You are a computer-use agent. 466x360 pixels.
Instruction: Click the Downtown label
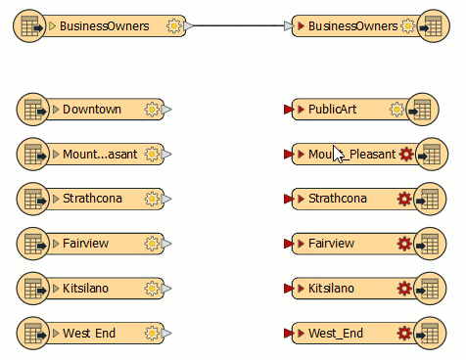pyautogui.click(x=92, y=110)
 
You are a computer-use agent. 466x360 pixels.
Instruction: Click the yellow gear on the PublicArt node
pyautogui.click(x=396, y=110)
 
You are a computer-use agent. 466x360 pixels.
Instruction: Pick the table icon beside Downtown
pyautogui.click(x=32, y=110)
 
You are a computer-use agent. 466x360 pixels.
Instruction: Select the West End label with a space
pyautogui.click(x=89, y=334)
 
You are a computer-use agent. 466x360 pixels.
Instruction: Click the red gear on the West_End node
pyautogui.click(x=404, y=334)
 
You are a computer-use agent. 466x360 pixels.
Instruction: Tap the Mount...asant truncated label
pyautogui.click(x=100, y=155)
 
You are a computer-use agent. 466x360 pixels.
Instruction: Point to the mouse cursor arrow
pyautogui.click(x=338, y=154)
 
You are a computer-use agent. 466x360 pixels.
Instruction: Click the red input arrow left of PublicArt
pyautogui.click(x=287, y=110)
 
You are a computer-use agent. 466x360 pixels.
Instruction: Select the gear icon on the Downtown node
pyautogui.click(x=152, y=110)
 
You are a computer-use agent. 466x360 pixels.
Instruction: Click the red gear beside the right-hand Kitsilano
pyautogui.click(x=404, y=289)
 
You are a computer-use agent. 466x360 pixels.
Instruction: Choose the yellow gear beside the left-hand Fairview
pyautogui.click(x=152, y=244)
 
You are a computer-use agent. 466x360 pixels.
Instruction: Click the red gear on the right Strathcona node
pyautogui.click(x=404, y=200)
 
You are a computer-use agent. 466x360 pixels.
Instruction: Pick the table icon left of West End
pyautogui.click(x=32, y=334)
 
